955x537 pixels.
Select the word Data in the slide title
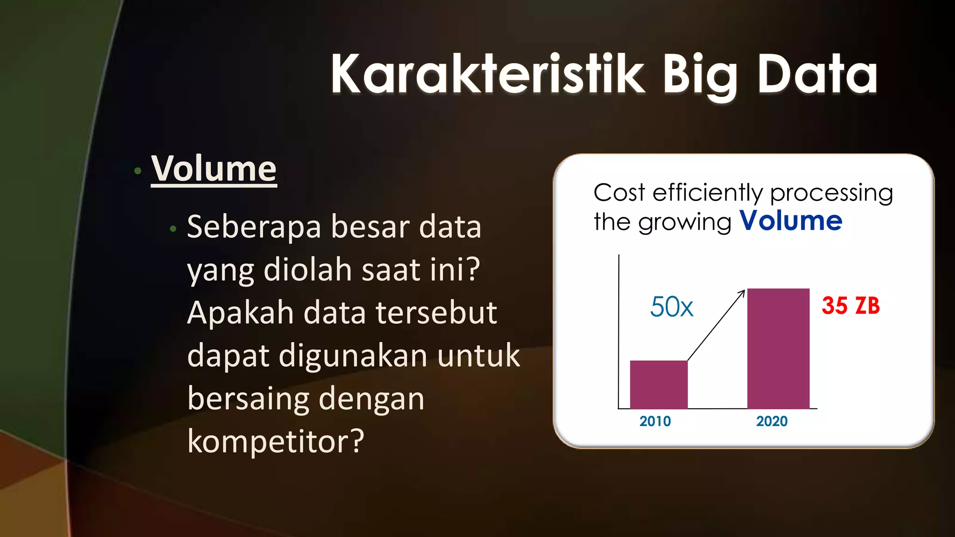pyautogui.click(x=817, y=75)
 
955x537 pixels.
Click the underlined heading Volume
pyautogui.click(x=214, y=169)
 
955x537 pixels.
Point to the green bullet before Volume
pyautogui.click(x=138, y=171)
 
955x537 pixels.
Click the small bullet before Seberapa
pyautogui.click(x=173, y=229)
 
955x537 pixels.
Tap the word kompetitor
pyautogui.click(x=275, y=441)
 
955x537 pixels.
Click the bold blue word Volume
pyautogui.click(x=791, y=220)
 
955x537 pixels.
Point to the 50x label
pyautogui.click(x=671, y=307)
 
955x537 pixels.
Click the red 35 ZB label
pyautogui.click(x=851, y=306)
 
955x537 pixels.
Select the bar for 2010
pyautogui.click(x=658, y=385)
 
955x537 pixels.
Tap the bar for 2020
pyautogui.click(x=778, y=349)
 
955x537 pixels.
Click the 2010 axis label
pyautogui.click(x=655, y=421)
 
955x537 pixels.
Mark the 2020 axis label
pyautogui.click(x=771, y=421)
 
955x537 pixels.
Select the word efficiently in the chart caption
pyautogui.click(x=708, y=193)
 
